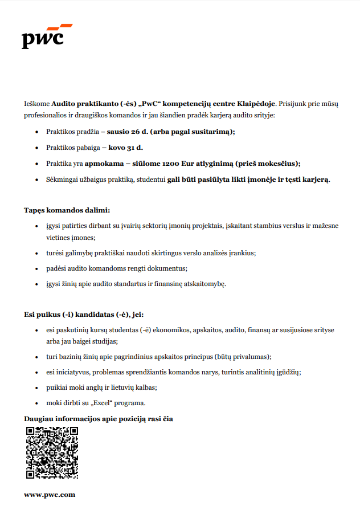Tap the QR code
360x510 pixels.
52,452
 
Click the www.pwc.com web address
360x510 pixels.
50,495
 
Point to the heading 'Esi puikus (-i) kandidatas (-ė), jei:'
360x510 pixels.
88,313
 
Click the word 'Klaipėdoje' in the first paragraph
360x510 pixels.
255,104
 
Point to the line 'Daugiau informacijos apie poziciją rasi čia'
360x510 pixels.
98,419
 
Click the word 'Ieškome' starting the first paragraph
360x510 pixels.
36,104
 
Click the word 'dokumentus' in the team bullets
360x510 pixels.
169,268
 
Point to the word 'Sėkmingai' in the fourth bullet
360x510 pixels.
62,179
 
